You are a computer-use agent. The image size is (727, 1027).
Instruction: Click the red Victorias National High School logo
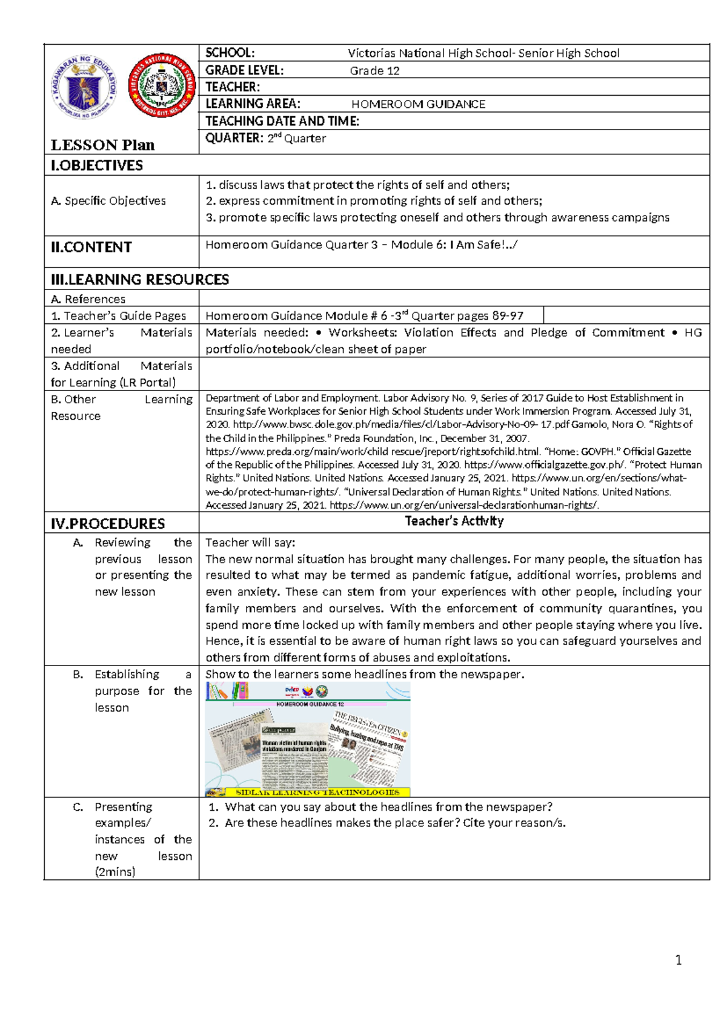162,85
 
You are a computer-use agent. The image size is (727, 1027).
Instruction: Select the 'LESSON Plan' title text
102,145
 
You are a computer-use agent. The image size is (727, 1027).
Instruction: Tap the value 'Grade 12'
374,71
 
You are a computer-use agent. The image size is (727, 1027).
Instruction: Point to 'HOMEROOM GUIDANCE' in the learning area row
418,104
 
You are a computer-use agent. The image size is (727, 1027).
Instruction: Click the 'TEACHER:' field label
233,87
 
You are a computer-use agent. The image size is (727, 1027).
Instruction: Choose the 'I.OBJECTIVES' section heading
97,165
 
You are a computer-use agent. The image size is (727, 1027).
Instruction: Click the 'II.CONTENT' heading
91,247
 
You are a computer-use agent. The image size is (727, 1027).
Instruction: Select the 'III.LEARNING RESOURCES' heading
140,279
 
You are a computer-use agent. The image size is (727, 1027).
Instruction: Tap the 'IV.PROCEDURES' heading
108,523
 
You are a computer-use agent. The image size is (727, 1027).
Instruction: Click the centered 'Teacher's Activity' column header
454,521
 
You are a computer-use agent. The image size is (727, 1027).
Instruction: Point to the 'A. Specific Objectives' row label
108,200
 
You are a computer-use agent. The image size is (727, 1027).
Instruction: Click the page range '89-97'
508,315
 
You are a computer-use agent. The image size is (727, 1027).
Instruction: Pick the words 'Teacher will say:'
250,543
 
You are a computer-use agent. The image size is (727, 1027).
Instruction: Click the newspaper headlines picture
308,739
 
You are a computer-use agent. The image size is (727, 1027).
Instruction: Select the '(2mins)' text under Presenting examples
115,872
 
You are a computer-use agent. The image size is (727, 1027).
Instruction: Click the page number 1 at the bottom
679,960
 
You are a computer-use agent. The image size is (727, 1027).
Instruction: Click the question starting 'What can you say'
388,807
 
